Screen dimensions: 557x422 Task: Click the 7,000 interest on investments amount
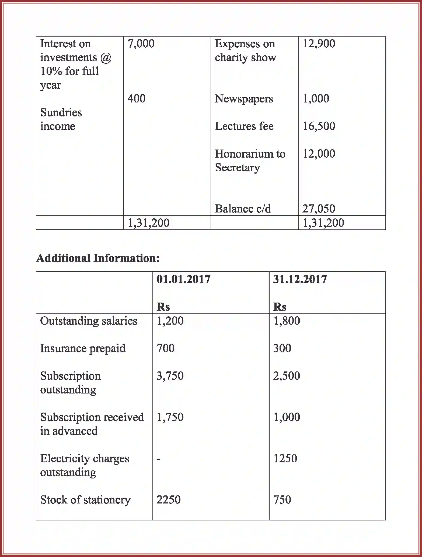[x=141, y=44]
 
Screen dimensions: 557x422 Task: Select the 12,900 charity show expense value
[x=319, y=44]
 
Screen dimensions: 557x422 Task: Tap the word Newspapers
[x=244, y=99]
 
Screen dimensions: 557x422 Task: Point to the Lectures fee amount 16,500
[x=319, y=126]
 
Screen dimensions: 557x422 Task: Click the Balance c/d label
[x=243, y=209]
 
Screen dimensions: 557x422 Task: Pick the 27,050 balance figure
[x=319, y=209]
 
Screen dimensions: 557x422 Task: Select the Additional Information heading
[x=98, y=258]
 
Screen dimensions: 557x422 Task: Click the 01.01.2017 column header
[x=183, y=279]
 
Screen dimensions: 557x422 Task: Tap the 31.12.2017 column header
[x=300, y=279]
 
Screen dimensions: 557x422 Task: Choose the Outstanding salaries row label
[x=89, y=321]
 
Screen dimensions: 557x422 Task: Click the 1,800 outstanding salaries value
[x=287, y=321]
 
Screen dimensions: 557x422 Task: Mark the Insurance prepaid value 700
[x=166, y=348]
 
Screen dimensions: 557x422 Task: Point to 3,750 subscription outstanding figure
[x=170, y=376]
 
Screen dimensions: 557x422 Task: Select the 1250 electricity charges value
[x=285, y=459]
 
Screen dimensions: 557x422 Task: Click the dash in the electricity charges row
[x=159, y=459]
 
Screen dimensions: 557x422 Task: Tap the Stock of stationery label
[x=85, y=500]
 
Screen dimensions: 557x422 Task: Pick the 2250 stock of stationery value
[x=169, y=500]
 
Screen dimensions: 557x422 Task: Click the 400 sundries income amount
[x=137, y=99]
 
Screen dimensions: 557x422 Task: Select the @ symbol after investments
[x=106, y=58]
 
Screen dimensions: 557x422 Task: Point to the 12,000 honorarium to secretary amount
[x=319, y=154]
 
